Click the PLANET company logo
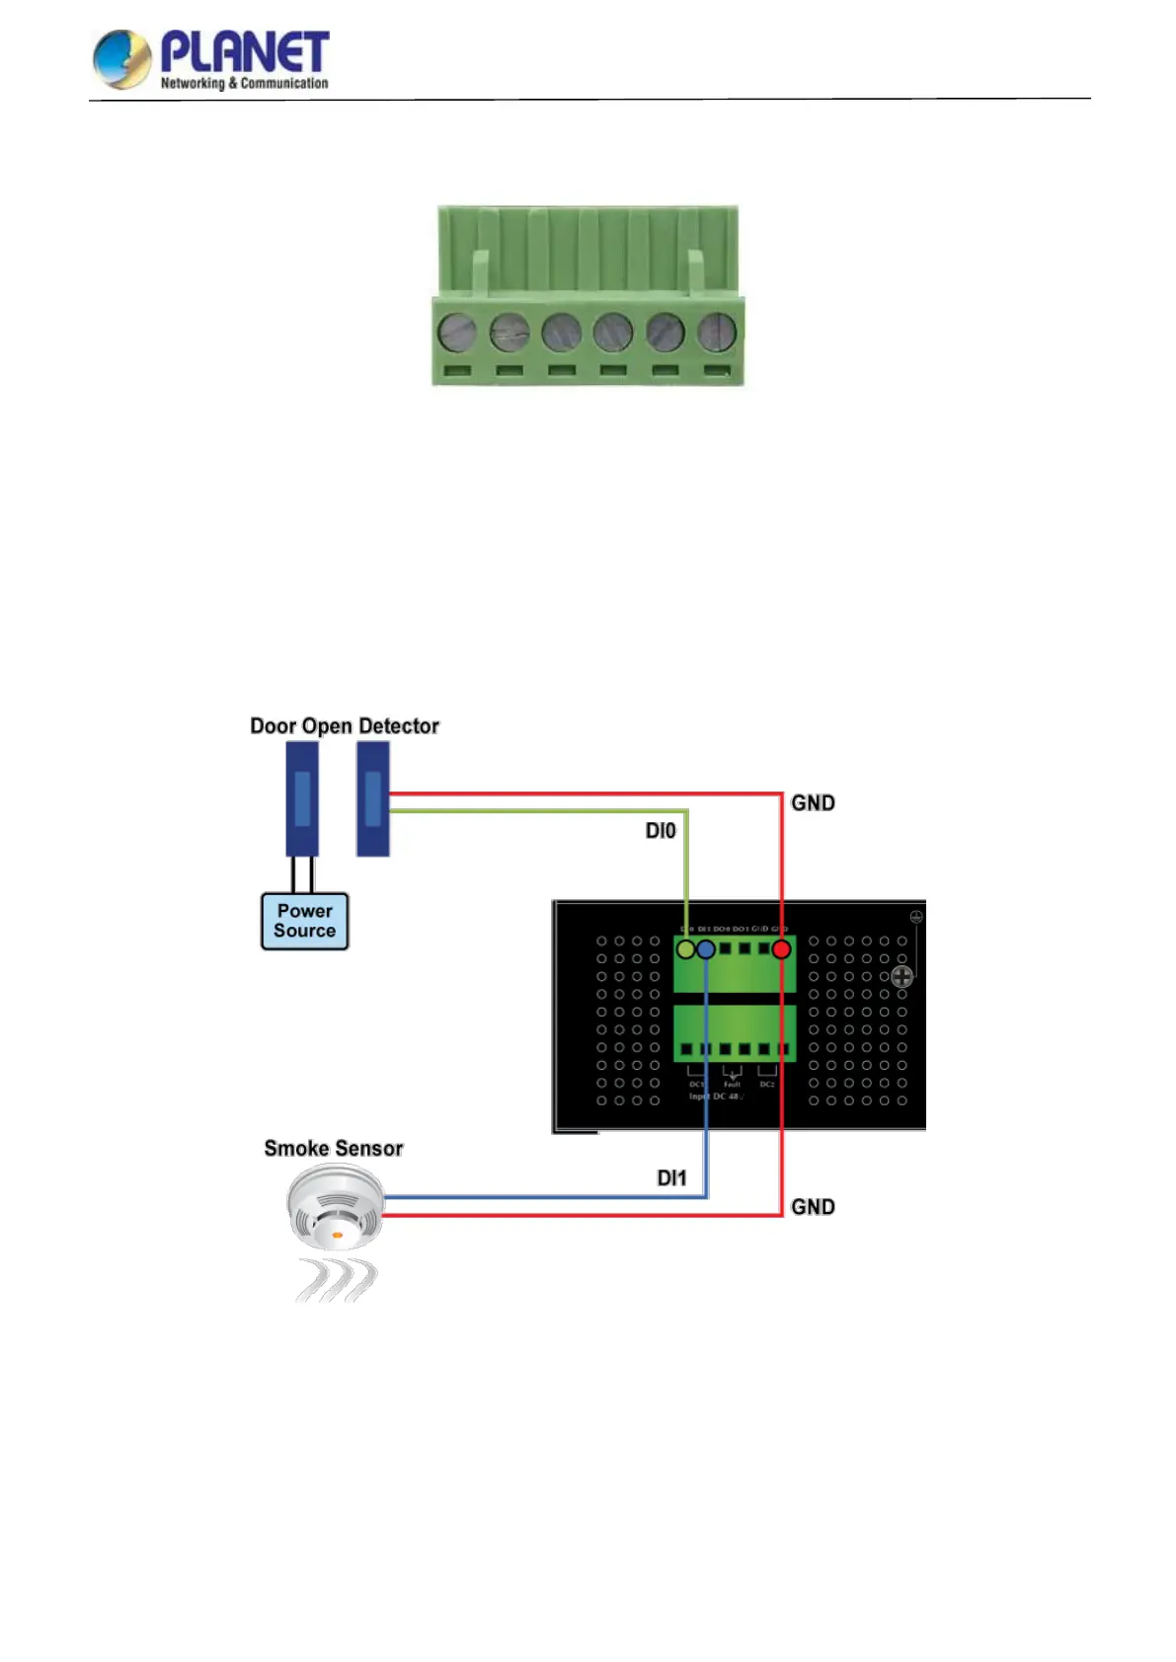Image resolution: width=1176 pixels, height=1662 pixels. pyautogui.click(x=210, y=59)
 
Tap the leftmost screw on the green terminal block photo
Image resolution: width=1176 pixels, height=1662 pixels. pyautogui.click(x=456, y=333)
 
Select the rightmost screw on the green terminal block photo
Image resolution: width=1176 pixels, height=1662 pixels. pyautogui.click(x=717, y=333)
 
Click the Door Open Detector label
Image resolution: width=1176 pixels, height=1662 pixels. pyautogui.click(x=344, y=726)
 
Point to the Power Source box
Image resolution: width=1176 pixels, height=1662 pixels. pyautogui.click(x=304, y=921)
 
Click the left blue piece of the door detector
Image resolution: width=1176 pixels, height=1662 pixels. pyautogui.click(x=302, y=798)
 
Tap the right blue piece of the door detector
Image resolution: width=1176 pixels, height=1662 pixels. pyautogui.click(x=373, y=798)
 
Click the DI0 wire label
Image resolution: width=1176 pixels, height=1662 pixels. pyautogui.click(x=661, y=831)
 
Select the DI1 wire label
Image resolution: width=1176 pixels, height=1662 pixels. pyautogui.click(x=671, y=1177)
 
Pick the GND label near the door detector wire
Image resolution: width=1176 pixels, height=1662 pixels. pyautogui.click(x=813, y=803)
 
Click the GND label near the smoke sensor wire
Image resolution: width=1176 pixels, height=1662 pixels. pyautogui.click(x=813, y=1207)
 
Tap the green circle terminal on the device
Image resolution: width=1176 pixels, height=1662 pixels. pyautogui.click(x=685, y=949)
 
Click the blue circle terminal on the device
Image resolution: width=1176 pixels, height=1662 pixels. pyautogui.click(x=706, y=949)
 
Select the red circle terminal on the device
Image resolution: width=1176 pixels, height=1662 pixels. pyautogui.click(x=781, y=949)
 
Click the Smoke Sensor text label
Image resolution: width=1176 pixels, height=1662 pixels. pyautogui.click(x=334, y=1149)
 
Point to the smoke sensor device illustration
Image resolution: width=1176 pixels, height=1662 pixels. pyautogui.click(x=336, y=1209)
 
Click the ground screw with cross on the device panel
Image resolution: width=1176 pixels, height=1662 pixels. pyautogui.click(x=902, y=977)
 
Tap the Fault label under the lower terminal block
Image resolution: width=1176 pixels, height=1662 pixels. pyautogui.click(x=732, y=1084)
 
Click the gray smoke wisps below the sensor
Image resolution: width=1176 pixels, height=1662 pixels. pyautogui.click(x=336, y=1280)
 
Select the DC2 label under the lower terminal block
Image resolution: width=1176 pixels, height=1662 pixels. pyautogui.click(x=767, y=1084)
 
